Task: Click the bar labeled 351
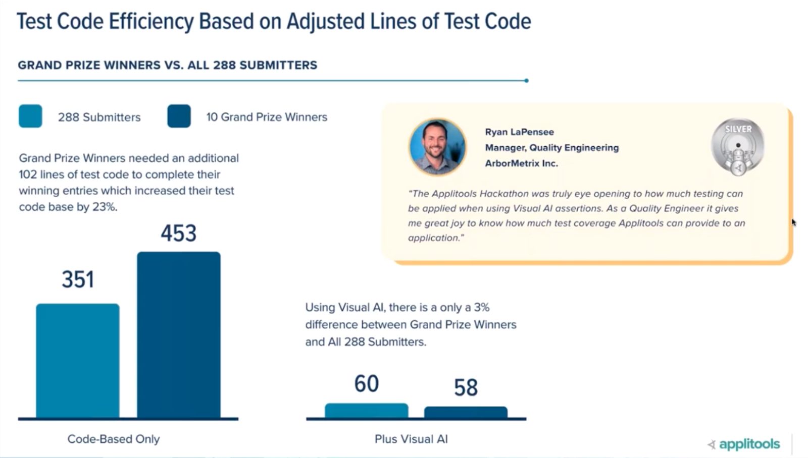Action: tap(78, 361)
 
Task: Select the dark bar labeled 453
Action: tap(179, 335)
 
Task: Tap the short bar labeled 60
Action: tap(366, 411)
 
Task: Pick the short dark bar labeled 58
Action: tap(466, 412)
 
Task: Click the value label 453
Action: tap(179, 234)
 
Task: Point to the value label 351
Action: tap(78, 280)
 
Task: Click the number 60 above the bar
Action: tap(366, 384)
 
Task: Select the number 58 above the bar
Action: tap(466, 388)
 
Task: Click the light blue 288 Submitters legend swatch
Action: tap(30, 117)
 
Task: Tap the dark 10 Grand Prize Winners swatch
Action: tap(179, 117)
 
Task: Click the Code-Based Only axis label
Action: tap(114, 439)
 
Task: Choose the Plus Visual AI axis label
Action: tap(411, 439)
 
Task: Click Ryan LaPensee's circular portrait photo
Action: tap(437, 147)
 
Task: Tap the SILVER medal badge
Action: tap(738, 147)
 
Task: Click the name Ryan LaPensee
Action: tap(519, 132)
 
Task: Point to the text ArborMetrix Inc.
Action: tap(521, 163)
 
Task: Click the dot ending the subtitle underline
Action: tap(526, 81)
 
